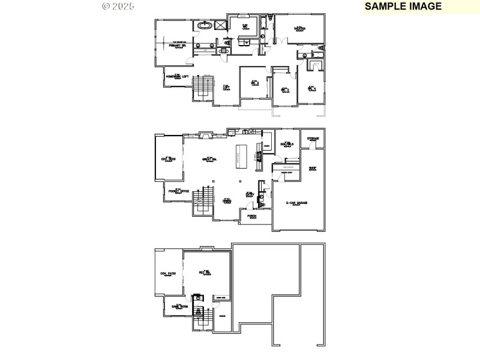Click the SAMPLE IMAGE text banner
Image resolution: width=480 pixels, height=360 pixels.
(x=403, y=7)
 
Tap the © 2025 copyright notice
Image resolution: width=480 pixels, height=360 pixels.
(x=118, y=6)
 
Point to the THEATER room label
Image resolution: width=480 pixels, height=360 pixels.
(x=299, y=28)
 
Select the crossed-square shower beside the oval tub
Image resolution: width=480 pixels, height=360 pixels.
(x=221, y=25)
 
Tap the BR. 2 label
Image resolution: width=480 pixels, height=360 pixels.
(x=254, y=82)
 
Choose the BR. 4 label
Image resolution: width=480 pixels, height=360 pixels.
(x=311, y=88)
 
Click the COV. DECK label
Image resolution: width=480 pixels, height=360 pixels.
(x=168, y=159)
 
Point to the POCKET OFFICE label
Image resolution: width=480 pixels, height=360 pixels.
(x=179, y=191)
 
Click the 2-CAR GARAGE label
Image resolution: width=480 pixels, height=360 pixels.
(x=296, y=203)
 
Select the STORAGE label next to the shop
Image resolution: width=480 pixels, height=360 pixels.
(x=313, y=139)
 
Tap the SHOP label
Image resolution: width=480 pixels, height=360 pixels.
(x=313, y=168)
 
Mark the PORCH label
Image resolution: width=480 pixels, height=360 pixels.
(x=253, y=216)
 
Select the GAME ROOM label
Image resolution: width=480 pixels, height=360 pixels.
(x=180, y=307)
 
